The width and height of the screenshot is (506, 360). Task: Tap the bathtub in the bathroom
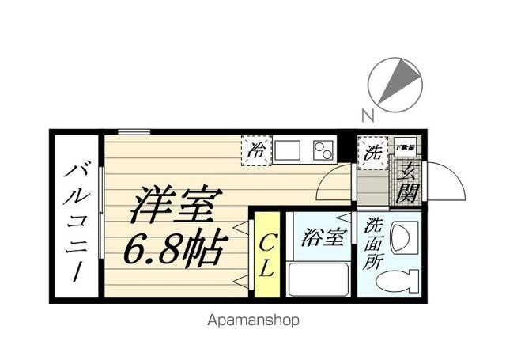(319, 279)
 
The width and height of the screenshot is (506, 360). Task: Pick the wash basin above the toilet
(400, 237)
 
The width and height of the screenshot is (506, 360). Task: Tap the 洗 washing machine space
(372, 152)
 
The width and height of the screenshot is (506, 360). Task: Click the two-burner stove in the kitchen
(323, 150)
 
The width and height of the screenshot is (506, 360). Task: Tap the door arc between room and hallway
(333, 187)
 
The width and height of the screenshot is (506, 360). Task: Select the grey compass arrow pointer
(402, 79)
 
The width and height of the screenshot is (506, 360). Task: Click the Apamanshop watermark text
(253, 321)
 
